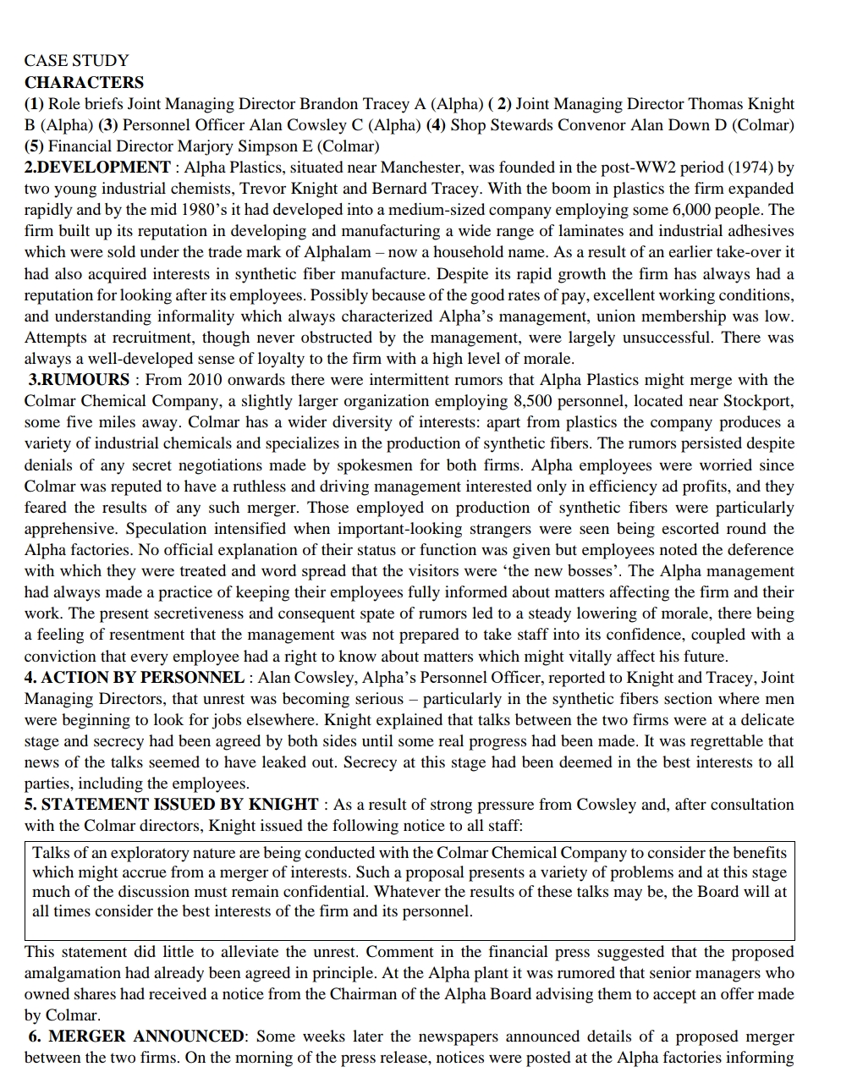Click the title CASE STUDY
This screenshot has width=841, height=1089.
pyautogui.click(x=76, y=61)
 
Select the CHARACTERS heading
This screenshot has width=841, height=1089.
pyautogui.click(x=84, y=82)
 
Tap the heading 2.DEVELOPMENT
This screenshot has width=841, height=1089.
pyautogui.click(x=97, y=168)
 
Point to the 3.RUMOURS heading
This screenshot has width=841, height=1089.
pyautogui.click(x=80, y=380)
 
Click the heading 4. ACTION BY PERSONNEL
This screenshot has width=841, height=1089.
pyautogui.click(x=134, y=677)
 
